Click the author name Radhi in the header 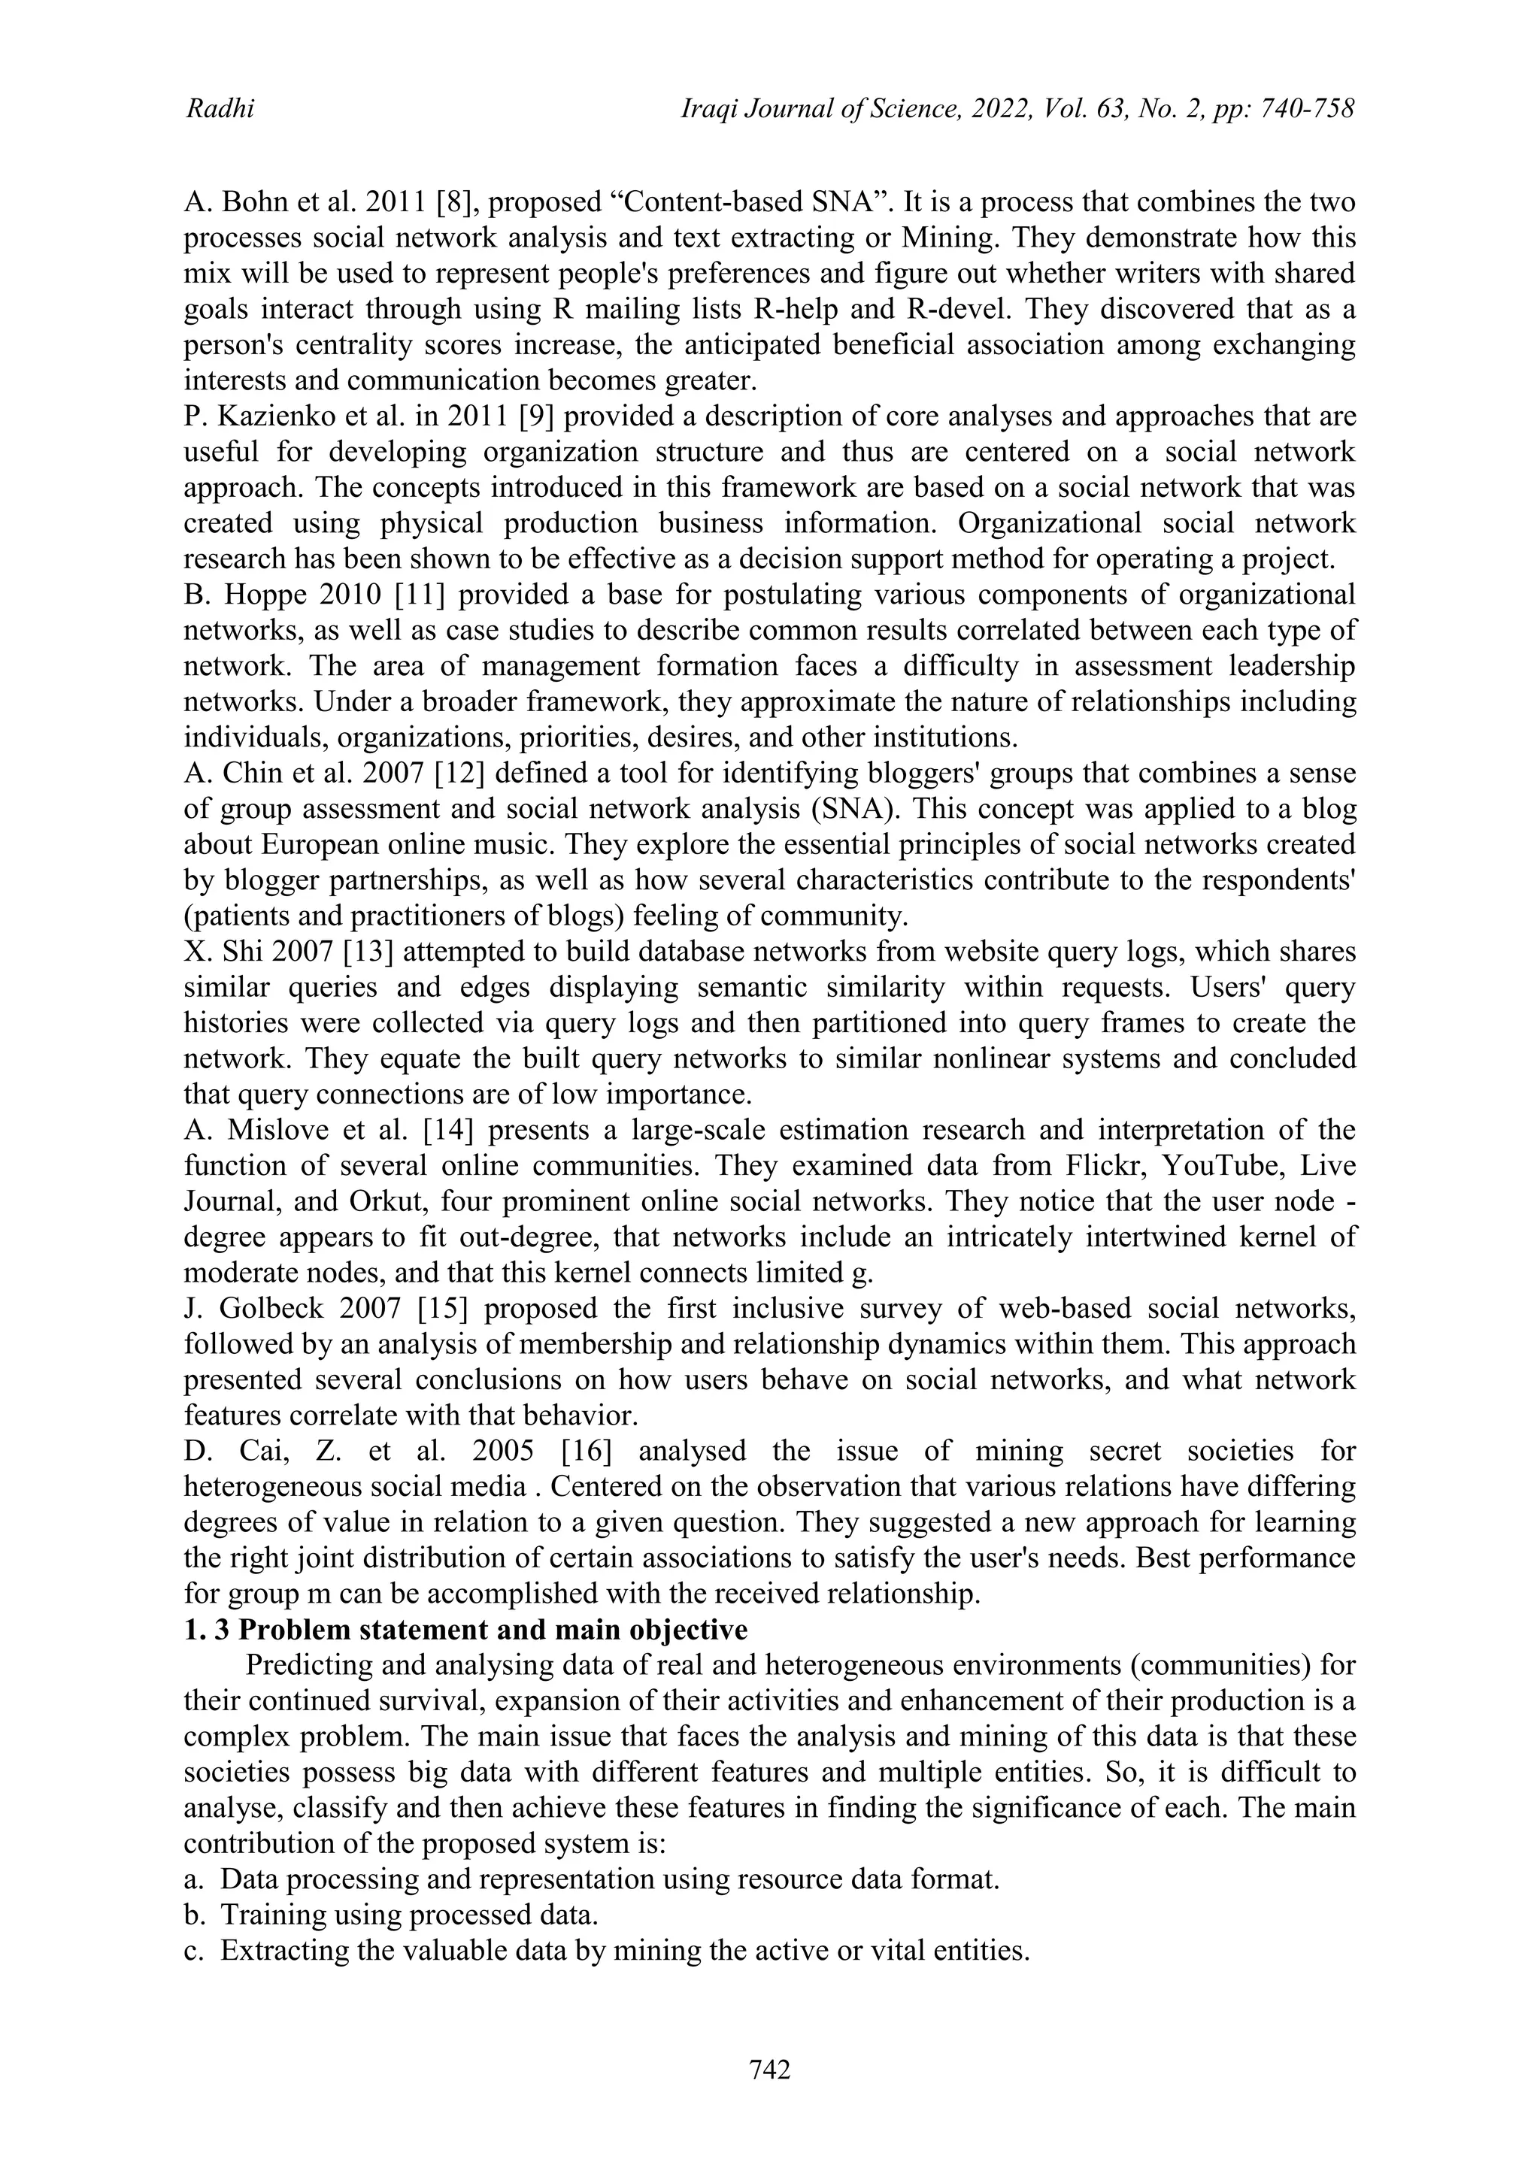(219, 110)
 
